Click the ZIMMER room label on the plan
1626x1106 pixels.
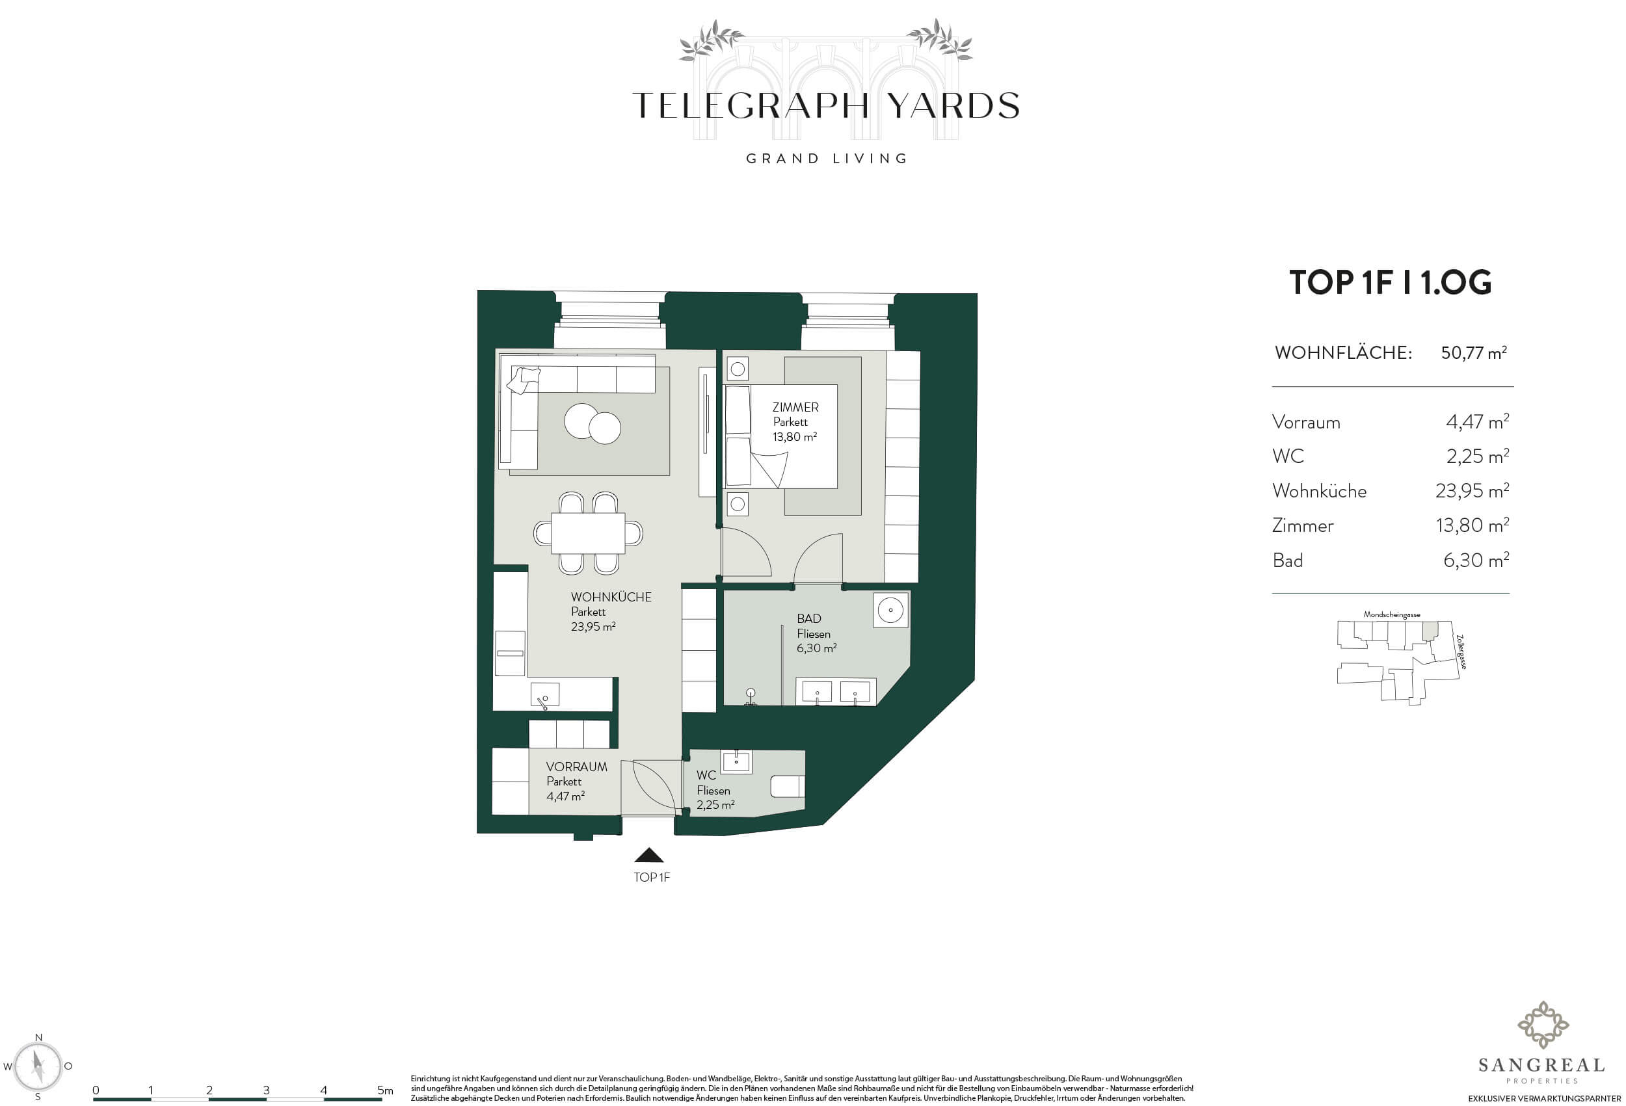[x=795, y=406]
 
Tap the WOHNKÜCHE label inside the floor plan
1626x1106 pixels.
[x=611, y=597]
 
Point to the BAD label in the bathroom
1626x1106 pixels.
[x=809, y=618]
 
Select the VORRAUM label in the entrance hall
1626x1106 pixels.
[x=576, y=767]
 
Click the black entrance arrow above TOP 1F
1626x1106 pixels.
[x=648, y=855]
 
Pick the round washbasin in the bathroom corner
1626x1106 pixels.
[x=890, y=610]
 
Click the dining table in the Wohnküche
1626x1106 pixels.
[x=589, y=533]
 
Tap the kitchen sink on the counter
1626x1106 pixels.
[x=544, y=694]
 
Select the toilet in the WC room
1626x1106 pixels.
[x=787, y=786]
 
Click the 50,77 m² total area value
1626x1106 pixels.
[x=1473, y=352]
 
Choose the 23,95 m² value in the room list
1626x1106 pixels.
[x=1472, y=490]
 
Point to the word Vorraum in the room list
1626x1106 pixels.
[x=1305, y=423]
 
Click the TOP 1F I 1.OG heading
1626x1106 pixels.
[x=1390, y=282]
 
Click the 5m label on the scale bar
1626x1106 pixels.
[x=385, y=1090]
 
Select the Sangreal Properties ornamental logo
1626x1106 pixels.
[x=1542, y=1025]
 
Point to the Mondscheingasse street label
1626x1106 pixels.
[x=1392, y=615]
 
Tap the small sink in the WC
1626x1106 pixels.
[x=736, y=761]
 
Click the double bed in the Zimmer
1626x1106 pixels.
[x=782, y=436]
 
